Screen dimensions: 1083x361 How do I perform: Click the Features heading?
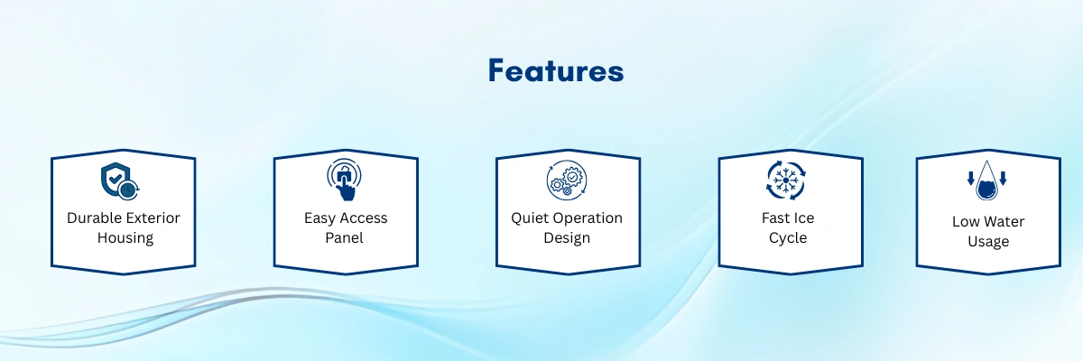[x=556, y=70]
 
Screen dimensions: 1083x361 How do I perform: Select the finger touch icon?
[x=344, y=180]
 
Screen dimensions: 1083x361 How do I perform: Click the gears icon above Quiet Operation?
[x=567, y=180]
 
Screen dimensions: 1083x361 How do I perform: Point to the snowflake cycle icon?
[x=786, y=180]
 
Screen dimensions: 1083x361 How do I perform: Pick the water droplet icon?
[x=986, y=180]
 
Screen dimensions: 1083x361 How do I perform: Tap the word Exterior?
[x=154, y=218]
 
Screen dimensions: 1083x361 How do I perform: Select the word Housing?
[x=125, y=238]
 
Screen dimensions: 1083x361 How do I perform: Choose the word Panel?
[x=344, y=237]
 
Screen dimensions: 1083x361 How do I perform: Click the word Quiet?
[x=527, y=218]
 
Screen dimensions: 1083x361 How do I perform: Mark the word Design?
[x=567, y=238]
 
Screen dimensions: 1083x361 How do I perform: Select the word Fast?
[x=775, y=218]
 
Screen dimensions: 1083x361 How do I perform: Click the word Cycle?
[x=788, y=238]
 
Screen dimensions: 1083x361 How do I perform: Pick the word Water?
[x=1004, y=222]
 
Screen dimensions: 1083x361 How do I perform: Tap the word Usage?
[x=988, y=242]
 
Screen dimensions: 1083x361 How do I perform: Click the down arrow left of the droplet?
[x=971, y=179]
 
